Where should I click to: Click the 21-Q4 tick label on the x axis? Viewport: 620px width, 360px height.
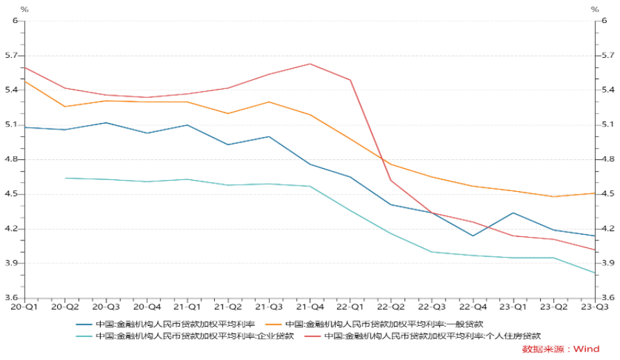click(x=309, y=306)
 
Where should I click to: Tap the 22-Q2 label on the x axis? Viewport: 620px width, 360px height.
click(x=391, y=306)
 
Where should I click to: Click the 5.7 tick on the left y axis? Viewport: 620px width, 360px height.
click(x=12, y=56)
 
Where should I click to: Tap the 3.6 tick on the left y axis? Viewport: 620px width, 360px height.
click(x=12, y=298)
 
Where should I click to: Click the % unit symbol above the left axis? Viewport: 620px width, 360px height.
click(x=25, y=9)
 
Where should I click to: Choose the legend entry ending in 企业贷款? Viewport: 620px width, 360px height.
click(x=195, y=336)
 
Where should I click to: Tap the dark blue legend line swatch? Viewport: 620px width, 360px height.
click(x=84, y=324)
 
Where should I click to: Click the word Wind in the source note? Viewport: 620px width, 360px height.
click(x=586, y=349)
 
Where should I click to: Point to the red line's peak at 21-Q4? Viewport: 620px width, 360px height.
click(x=309, y=64)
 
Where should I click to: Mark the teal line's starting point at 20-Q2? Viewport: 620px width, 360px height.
click(x=65, y=178)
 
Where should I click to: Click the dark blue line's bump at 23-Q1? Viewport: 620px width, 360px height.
click(x=513, y=213)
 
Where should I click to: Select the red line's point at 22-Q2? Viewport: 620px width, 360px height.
click(x=391, y=181)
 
